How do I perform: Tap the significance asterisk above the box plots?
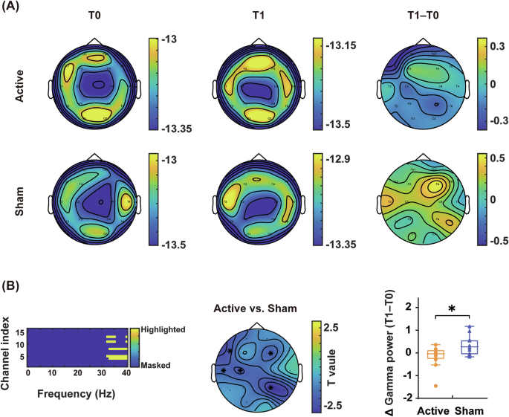[x=451, y=308]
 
